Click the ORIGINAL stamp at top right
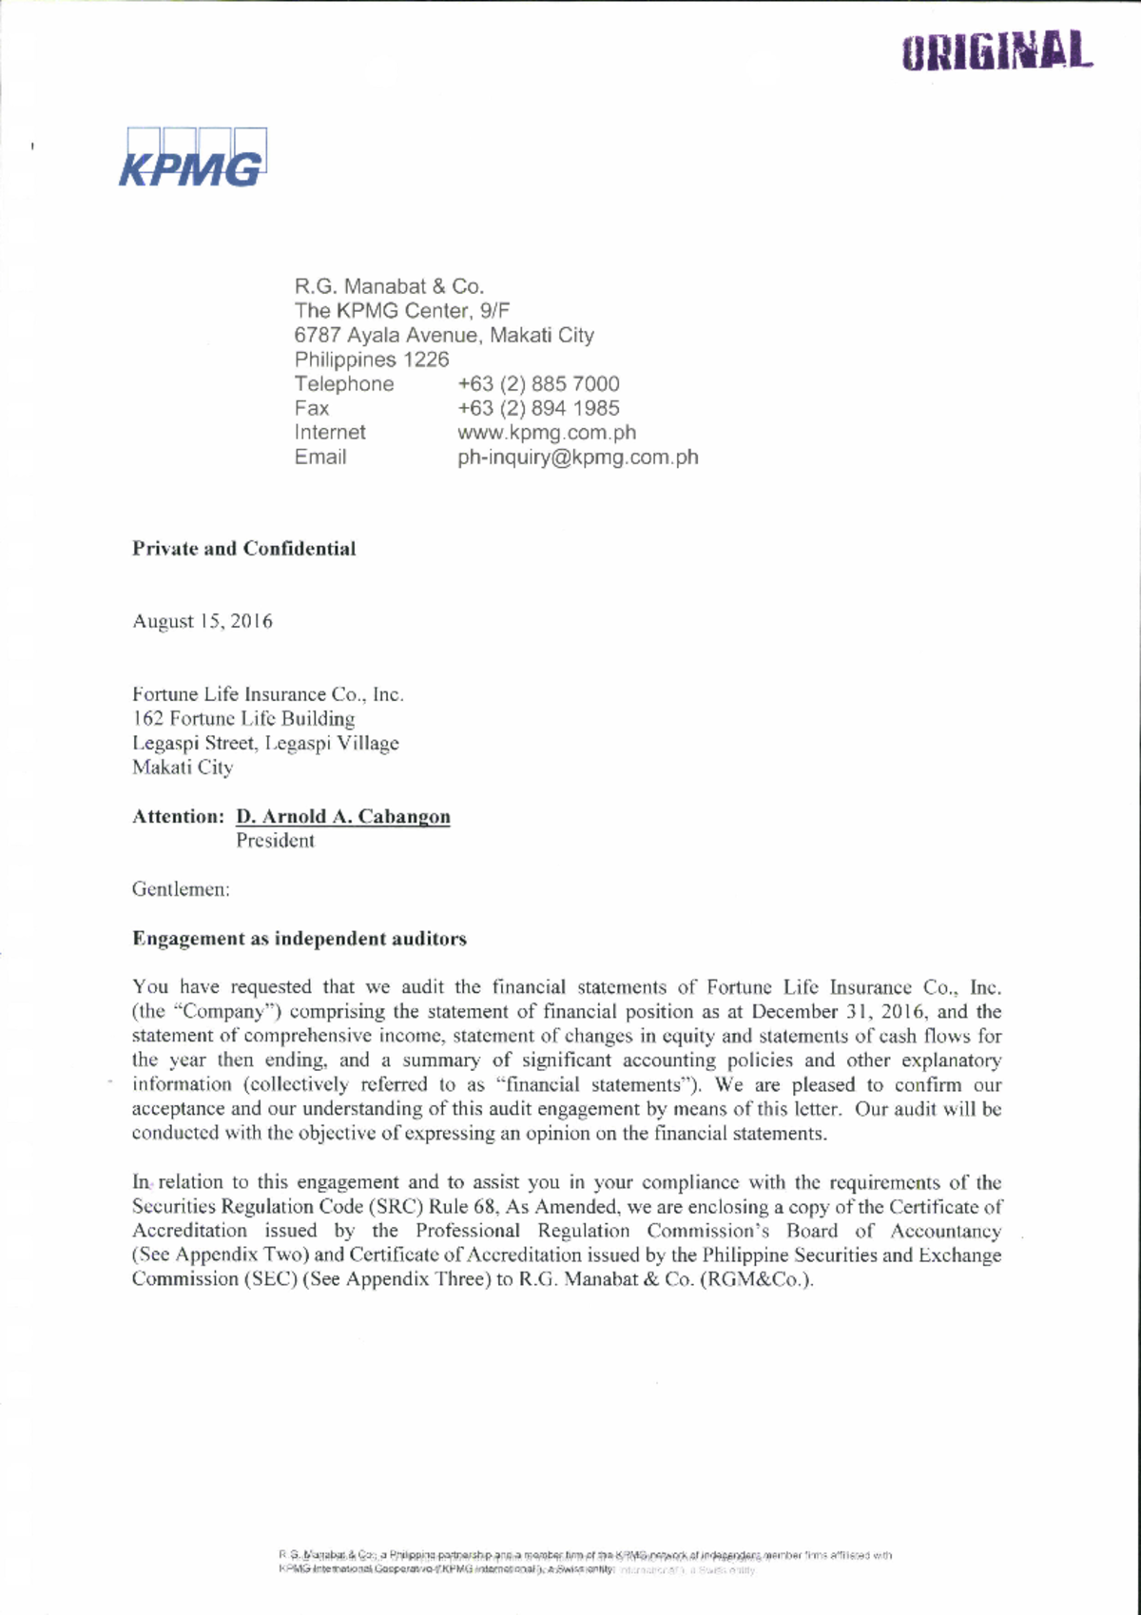996,51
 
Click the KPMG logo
191,158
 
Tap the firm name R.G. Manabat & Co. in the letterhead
388,286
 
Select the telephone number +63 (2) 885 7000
538,384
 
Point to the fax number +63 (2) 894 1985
538,408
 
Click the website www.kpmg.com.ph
547,433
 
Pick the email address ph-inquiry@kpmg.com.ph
577,457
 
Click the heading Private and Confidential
243,549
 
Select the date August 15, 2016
202,622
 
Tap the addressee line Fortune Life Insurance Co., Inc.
267,694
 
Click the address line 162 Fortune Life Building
243,719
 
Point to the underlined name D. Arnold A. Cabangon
342,817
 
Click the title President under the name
275,841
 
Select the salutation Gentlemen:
181,890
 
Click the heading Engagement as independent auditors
299,940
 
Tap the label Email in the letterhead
319,457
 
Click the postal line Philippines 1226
371,360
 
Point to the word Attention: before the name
178,817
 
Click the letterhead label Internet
329,433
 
